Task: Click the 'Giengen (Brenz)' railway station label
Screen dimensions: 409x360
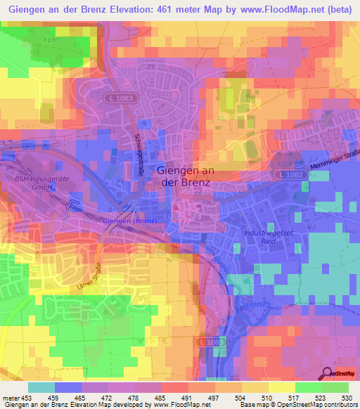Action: tap(131, 221)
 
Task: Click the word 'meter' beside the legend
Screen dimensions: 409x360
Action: tap(10, 397)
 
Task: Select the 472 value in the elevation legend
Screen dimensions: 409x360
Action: tap(107, 397)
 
